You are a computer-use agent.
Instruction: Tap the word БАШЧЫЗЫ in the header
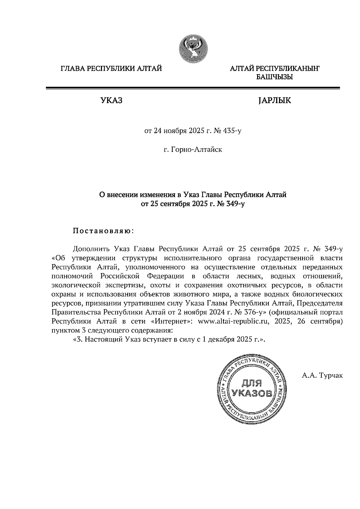(x=274, y=77)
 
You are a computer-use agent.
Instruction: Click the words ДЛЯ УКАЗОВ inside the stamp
(x=252, y=388)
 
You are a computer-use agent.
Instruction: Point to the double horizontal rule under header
(x=193, y=88)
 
